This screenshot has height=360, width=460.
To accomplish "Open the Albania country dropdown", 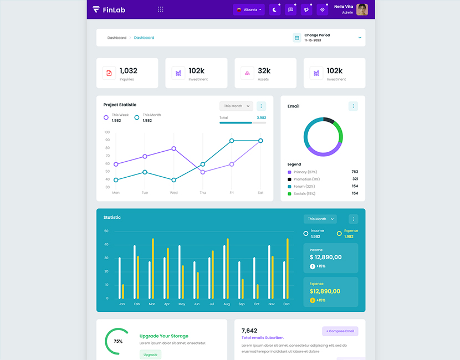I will (x=249, y=9).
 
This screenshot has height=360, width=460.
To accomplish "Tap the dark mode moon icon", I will (x=275, y=9).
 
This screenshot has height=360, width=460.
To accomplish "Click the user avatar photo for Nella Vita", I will (x=362, y=9).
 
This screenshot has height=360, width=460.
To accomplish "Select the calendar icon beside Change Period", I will (x=297, y=38).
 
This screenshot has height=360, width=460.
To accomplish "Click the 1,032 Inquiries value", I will (x=128, y=71).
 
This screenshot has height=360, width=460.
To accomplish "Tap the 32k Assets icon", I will (x=247, y=73).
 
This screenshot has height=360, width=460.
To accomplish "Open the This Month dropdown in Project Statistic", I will (x=236, y=106).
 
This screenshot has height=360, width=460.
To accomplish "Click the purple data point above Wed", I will (x=174, y=148).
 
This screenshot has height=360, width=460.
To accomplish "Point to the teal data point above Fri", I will (x=232, y=141).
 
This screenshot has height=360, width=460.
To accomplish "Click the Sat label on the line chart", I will (x=260, y=193).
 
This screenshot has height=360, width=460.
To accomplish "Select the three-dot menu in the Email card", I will (x=353, y=106).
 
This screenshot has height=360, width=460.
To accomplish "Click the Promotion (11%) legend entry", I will (x=306, y=179).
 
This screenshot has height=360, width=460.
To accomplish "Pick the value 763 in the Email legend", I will (x=355, y=172).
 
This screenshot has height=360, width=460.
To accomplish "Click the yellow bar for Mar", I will (x=153, y=269).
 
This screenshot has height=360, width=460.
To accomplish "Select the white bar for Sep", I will (x=239, y=280).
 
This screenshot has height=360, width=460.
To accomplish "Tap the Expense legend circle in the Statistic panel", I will (x=339, y=234).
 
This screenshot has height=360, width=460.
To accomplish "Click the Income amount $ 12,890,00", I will (x=325, y=257).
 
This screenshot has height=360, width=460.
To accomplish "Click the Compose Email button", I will (x=340, y=331).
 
